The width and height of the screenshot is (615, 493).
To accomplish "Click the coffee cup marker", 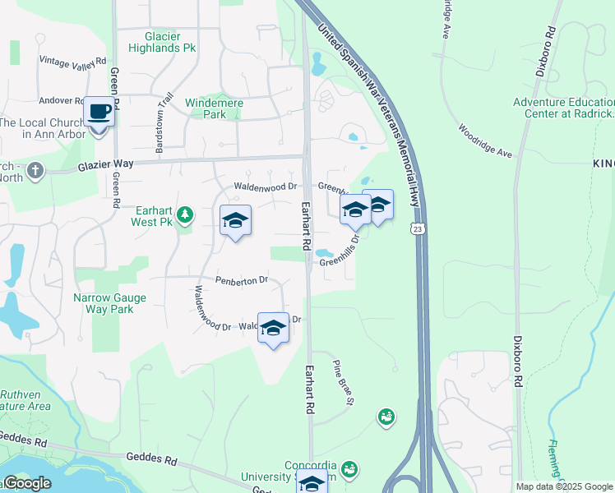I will [x=99, y=111].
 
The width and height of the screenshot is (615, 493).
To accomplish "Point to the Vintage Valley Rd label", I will [x=73, y=62].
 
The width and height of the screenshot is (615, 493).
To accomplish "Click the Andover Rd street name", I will [x=62, y=101].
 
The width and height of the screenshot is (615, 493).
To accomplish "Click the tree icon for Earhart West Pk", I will [x=186, y=215].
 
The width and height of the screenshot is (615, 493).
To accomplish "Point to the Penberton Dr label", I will [x=243, y=280].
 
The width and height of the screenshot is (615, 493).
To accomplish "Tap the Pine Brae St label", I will [x=343, y=382].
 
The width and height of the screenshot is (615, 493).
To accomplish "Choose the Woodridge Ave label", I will [x=486, y=141].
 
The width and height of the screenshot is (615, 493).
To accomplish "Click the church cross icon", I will [x=35, y=170].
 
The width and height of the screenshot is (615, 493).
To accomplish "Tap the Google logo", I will [x=26, y=483].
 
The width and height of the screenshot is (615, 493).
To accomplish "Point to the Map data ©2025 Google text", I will [x=563, y=486].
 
